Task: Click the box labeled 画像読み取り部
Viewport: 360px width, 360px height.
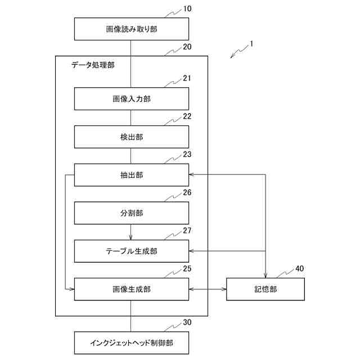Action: (x=131, y=29)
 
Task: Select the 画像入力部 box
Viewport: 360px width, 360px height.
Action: (x=131, y=98)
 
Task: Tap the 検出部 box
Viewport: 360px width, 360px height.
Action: (x=131, y=137)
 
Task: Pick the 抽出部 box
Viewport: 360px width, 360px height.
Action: (x=131, y=175)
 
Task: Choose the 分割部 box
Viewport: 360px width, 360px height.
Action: (x=131, y=213)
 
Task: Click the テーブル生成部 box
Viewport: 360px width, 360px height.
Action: (x=131, y=251)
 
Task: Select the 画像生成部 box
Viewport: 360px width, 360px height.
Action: (x=131, y=289)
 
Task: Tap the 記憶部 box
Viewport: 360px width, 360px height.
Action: (x=265, y=289)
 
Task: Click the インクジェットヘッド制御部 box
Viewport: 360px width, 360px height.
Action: (x=131, y=343)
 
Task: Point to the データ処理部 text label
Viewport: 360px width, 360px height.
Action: (x=93, y=65)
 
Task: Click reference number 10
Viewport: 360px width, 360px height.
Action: (x=187, y=10)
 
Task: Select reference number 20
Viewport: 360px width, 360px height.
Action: (x=187, y=47)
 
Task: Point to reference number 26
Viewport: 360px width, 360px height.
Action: (x=187, y=192)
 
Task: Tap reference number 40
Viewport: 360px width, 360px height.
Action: (x=299, y=268)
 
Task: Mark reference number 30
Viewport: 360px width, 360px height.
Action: (x=187, y=322)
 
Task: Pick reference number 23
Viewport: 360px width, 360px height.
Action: (x=187, y=154)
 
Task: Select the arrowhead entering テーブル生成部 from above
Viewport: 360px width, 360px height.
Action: (x=131, y=237)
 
